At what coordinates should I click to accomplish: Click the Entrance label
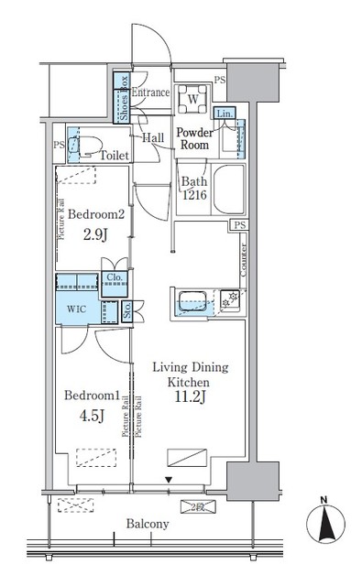click(150, 92)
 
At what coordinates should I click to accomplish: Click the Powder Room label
click(194, 138)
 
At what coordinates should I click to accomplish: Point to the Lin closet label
click(223, 113)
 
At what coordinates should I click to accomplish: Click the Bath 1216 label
click(194, 188)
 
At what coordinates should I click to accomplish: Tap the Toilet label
click(115, 156)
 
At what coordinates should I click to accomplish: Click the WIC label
click(75, 310)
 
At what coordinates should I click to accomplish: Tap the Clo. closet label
click(115, 278)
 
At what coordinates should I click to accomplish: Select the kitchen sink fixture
click(192, 299)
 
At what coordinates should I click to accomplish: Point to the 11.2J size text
click(188, 397)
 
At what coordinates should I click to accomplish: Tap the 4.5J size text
click(89, 417)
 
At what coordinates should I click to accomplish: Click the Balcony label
click(148, 524)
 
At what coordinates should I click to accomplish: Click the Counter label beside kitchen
click(242, 261)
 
